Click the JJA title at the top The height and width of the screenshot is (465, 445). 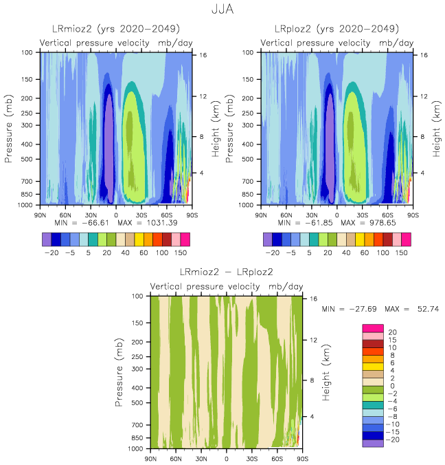point(223,11)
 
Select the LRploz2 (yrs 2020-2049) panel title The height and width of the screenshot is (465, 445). point(336,30)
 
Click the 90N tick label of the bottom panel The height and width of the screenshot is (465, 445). point(151,458)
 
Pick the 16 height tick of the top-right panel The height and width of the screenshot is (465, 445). point(423,55)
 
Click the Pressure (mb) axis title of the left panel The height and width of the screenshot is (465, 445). point(10,129)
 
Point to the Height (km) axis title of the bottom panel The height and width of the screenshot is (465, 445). point(328,372)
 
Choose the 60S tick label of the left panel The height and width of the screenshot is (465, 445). point(167,214)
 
